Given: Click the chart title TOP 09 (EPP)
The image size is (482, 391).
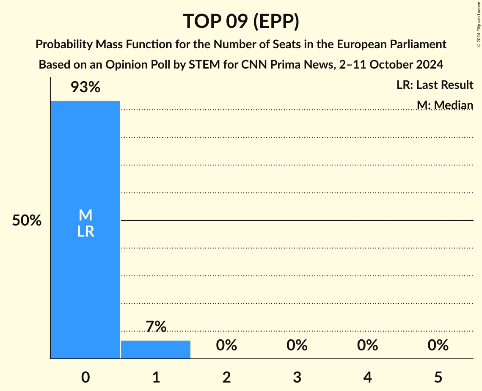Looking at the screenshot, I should [x=241, y=21].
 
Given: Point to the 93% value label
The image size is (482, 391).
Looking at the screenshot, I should [x=85, y=88].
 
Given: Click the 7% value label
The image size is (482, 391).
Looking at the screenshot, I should [x=156, y=327].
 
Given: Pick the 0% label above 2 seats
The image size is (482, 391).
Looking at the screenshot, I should [x=226, y=345].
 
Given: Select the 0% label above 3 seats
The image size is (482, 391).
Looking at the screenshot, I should [x=297, y=345].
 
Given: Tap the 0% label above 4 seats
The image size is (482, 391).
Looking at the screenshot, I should [x=367, y=345].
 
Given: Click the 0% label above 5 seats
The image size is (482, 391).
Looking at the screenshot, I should [x=438, y=345].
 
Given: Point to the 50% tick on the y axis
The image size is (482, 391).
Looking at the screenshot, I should [x=27, y=220].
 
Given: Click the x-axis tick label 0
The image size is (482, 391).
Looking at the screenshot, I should [x=85, y=377].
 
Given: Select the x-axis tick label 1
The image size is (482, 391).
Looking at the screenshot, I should [x=156, y=377].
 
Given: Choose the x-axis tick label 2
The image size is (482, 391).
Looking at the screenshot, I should [x=226, y=377].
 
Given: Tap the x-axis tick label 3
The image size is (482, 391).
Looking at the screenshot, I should [x=297, y=377].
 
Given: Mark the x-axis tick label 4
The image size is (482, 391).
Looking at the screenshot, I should [x=367, y=377].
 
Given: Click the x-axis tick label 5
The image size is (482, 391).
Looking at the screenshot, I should [x=438, y=377].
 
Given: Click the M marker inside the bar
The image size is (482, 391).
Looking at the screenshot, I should [x=85, y=215].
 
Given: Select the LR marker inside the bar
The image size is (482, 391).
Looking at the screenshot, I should [x=85, y=231].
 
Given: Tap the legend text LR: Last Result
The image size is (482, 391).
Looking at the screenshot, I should [x=435, y=85].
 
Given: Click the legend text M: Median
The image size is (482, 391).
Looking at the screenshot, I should [x=445, y=105].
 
